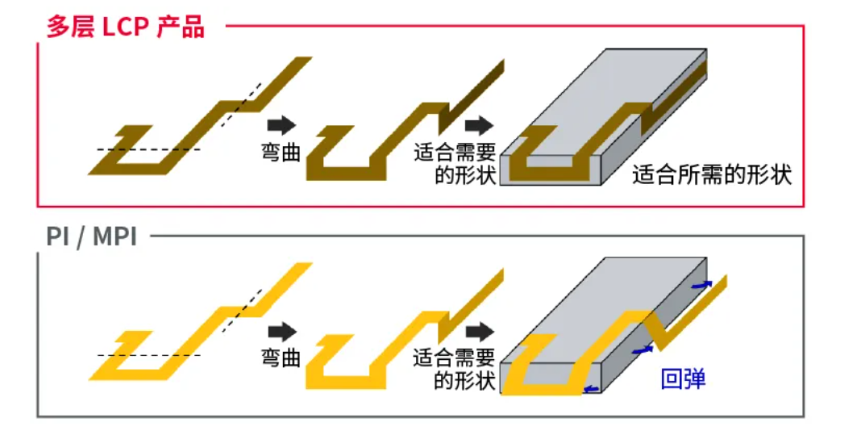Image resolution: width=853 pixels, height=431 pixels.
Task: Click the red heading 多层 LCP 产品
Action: coord(125,27)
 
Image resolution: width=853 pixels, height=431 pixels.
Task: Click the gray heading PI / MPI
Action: coord(91,237)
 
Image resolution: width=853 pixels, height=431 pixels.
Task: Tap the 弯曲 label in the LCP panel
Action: coord(281,151)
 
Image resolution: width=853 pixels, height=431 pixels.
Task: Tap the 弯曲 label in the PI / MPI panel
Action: coord(281,357)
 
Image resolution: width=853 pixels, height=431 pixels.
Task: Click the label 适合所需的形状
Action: coord(712,174)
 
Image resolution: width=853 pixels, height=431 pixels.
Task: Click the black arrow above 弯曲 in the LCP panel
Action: coord(281,125)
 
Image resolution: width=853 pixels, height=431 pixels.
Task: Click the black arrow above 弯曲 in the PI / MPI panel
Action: coord(281,331)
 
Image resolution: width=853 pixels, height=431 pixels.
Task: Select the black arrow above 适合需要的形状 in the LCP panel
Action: coord(478,125)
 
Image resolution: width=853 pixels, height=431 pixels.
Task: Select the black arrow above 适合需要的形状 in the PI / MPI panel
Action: coord(480,331)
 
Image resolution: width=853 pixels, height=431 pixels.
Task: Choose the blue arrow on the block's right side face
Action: coord(643,350)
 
